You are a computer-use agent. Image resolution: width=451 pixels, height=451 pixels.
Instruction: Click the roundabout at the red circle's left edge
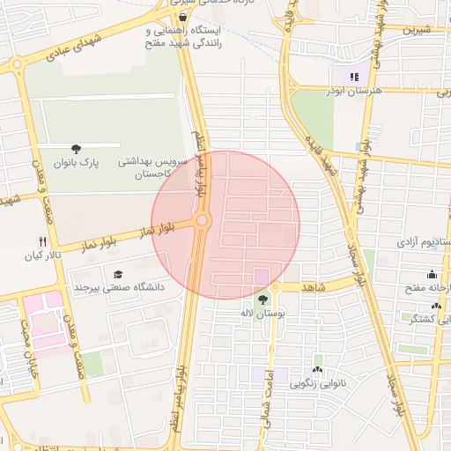[x=203, y=220]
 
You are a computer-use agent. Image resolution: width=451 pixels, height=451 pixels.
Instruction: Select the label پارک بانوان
[x=78, y=163]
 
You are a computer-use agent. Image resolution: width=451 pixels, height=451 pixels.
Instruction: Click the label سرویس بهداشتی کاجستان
[x=154, y=168]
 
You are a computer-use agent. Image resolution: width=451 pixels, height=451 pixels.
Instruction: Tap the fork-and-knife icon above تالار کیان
[x=41, y=241]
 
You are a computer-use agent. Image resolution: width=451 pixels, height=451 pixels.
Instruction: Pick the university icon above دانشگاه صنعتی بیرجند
[x=118, y=272]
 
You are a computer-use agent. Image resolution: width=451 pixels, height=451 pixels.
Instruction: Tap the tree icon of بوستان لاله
[x=261, y=298]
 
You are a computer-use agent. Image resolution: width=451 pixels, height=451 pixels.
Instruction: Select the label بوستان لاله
[x=262, y=313]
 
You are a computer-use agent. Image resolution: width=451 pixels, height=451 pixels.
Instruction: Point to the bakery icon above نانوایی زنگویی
[x=317, y=369]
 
